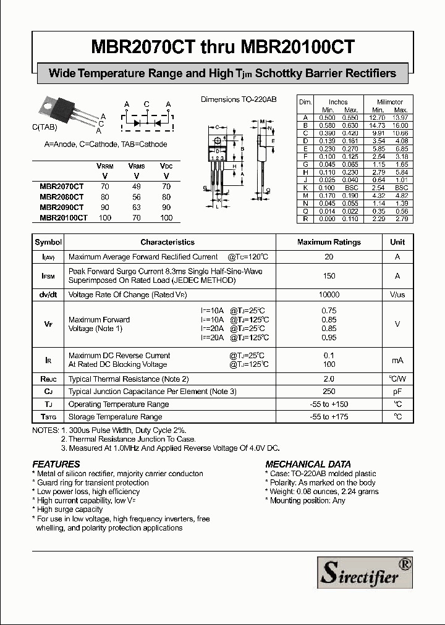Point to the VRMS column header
137,166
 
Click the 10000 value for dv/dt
329,295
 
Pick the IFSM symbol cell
48,276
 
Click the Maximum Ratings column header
329,242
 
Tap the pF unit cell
397,392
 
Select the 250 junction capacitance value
329,392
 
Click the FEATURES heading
56,464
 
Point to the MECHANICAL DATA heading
308,464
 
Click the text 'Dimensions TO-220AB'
239,99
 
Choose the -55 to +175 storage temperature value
329,417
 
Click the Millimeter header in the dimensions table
390,102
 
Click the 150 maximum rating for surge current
329,276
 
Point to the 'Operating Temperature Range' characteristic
119,404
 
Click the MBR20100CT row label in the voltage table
64,217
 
